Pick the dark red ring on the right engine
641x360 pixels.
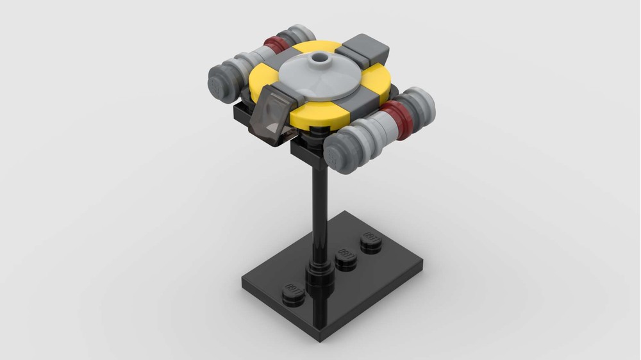click(x=399, y=117)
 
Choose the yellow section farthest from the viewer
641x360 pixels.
click(x=327, y=49)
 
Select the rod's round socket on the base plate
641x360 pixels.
click(x=319, y=282)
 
